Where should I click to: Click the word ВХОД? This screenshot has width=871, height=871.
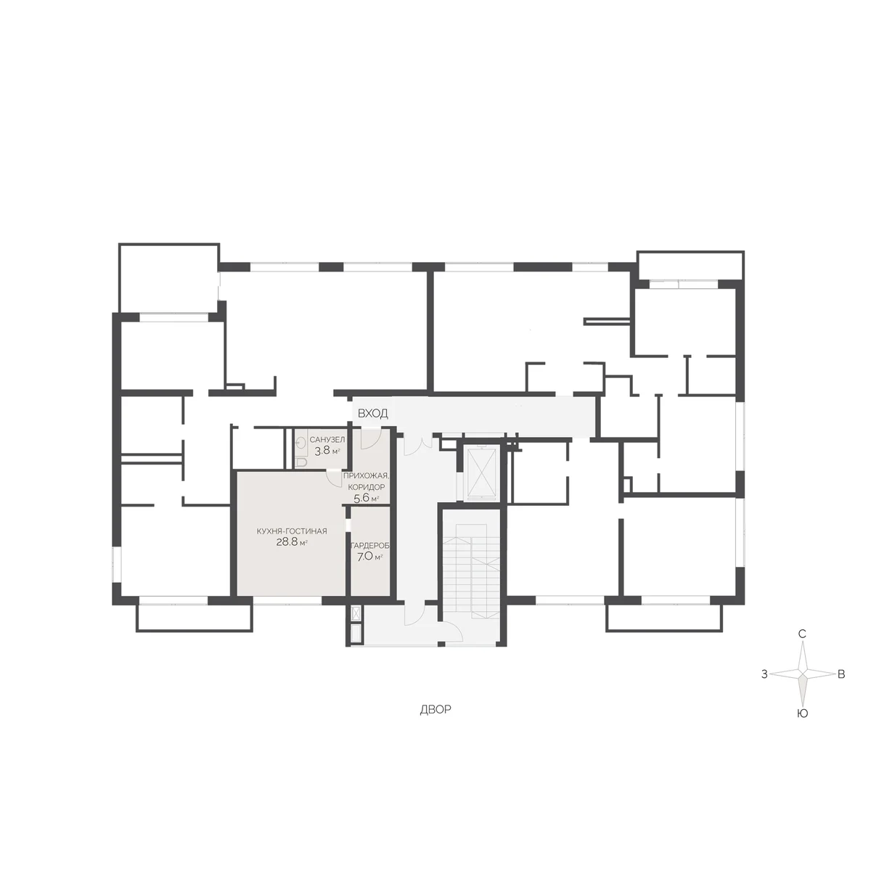pos(372,413)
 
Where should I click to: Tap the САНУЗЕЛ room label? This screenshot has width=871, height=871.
pos(327,439)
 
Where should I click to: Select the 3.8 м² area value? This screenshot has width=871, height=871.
pos(327,450)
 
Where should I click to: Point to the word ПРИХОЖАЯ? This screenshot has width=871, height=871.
pos(366,475)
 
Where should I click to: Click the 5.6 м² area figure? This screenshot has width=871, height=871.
pos(366,499)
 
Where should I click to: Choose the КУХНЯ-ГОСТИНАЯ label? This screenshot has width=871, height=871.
pos(292,531)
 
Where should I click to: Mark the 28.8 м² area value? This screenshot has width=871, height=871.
pos(292,542)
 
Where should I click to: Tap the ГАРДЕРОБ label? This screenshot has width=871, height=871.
pos(370,546)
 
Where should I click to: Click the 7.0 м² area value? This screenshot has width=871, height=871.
pos(369,557)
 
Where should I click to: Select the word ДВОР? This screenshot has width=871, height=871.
pos(435,710)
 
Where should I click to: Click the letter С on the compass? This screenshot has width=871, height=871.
pos(802,634)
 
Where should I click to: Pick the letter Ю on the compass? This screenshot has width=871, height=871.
pos(802,713)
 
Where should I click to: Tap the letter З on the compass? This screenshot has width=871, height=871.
pos(764,674)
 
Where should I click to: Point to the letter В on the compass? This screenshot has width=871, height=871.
pos(841,674)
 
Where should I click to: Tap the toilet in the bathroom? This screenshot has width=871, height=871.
pos(301,462)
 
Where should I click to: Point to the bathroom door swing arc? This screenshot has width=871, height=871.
pos(335,478)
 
